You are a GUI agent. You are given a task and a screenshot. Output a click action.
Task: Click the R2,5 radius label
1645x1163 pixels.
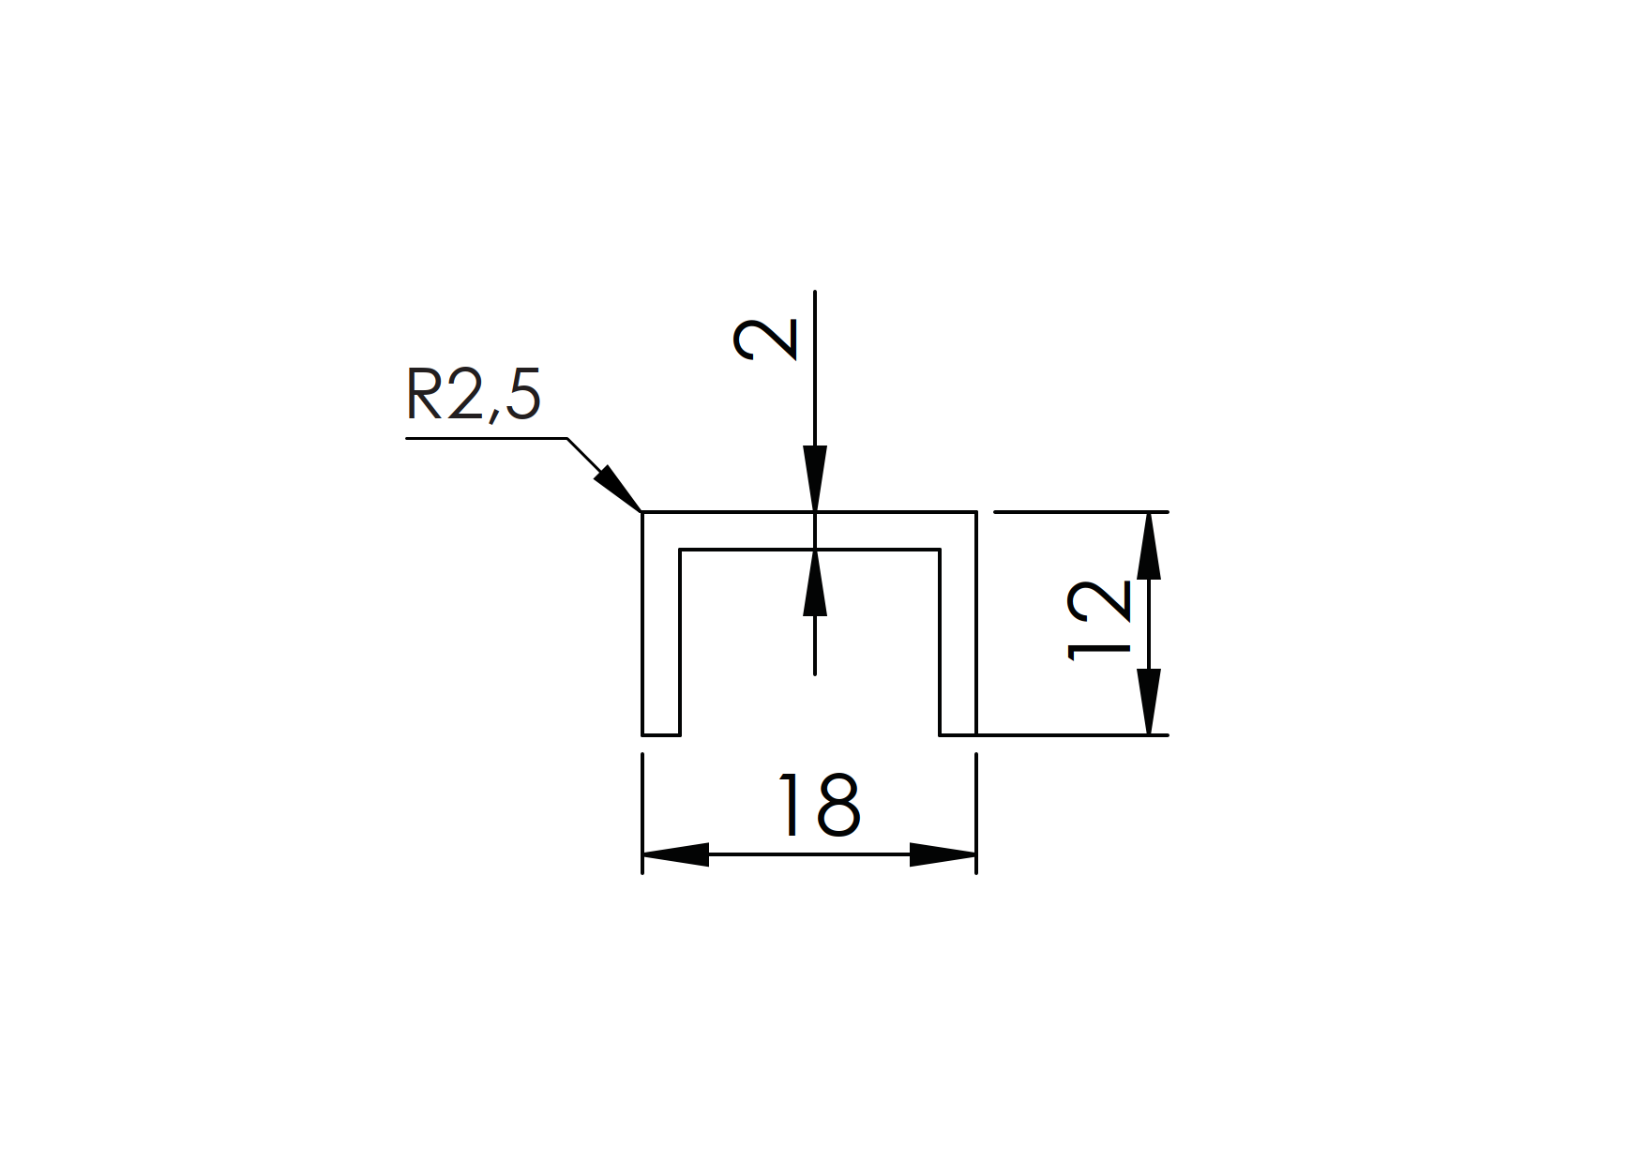(474, 395)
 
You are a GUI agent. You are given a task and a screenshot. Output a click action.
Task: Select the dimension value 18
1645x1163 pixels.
(819, 805)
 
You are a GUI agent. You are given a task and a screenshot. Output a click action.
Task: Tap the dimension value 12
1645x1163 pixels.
(1101, 620)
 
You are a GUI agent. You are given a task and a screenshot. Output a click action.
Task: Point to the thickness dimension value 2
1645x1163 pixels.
(765, 340)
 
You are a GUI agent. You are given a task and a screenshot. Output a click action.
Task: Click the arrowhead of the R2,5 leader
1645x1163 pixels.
(620, 489)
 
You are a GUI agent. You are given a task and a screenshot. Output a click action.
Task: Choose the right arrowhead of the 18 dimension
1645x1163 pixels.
(943, 854)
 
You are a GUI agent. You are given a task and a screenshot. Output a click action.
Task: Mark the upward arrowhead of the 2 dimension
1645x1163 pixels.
(815, 581)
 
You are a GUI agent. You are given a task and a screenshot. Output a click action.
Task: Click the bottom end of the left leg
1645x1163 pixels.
(660, 733)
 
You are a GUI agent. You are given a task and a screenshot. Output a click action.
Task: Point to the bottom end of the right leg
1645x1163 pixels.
(958, 733)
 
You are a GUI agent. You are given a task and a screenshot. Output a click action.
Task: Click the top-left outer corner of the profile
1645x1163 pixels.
(642, 513)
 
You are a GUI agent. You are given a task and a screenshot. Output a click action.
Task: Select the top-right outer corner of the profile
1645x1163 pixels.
(976, 513)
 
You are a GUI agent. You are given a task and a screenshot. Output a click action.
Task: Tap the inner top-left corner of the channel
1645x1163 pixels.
(680, 550)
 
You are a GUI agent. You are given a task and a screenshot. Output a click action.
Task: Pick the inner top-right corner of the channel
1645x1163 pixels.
(940, 550)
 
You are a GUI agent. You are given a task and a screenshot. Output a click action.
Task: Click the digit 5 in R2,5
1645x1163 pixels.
(522, 394)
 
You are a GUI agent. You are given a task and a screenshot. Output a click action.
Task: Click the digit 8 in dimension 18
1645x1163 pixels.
(838, 805)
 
